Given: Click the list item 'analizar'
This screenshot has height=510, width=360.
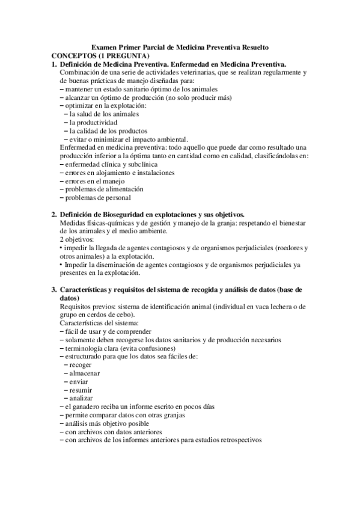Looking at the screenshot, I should [82, 399].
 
